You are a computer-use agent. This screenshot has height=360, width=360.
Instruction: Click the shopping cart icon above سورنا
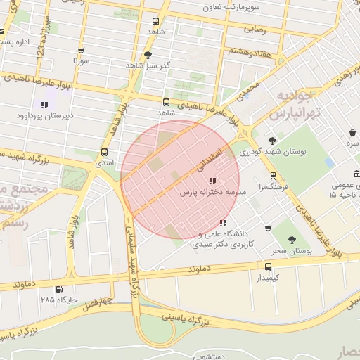click(81, 51)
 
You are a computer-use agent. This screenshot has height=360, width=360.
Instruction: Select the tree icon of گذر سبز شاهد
click(148, 54)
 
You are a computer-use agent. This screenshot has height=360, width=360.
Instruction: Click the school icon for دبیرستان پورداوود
click(45, 105)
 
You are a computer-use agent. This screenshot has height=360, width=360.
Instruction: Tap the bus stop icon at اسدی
click(104, 152)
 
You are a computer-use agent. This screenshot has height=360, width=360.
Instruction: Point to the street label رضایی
click(255, 30)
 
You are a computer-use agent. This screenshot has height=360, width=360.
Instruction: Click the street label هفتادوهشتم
click(250, 52)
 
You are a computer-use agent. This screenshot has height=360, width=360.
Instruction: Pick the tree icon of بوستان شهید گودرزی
click(272, 141)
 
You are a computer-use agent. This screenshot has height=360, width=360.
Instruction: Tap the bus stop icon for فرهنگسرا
click(273, 176)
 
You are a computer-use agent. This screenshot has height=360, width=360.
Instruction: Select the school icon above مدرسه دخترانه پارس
click(213, 181)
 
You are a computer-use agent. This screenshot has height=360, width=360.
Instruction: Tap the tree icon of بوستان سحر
click(292, 240)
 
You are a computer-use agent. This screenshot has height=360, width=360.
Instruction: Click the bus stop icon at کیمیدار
click(268, 266)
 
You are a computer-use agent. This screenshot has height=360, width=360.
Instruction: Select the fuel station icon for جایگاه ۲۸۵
click(59, 289)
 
